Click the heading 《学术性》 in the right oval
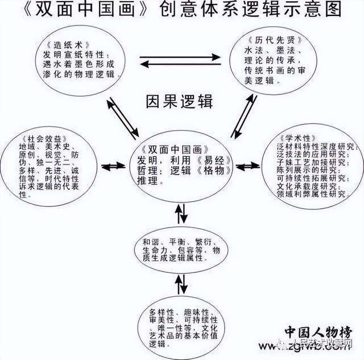296,139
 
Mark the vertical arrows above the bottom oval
180,283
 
